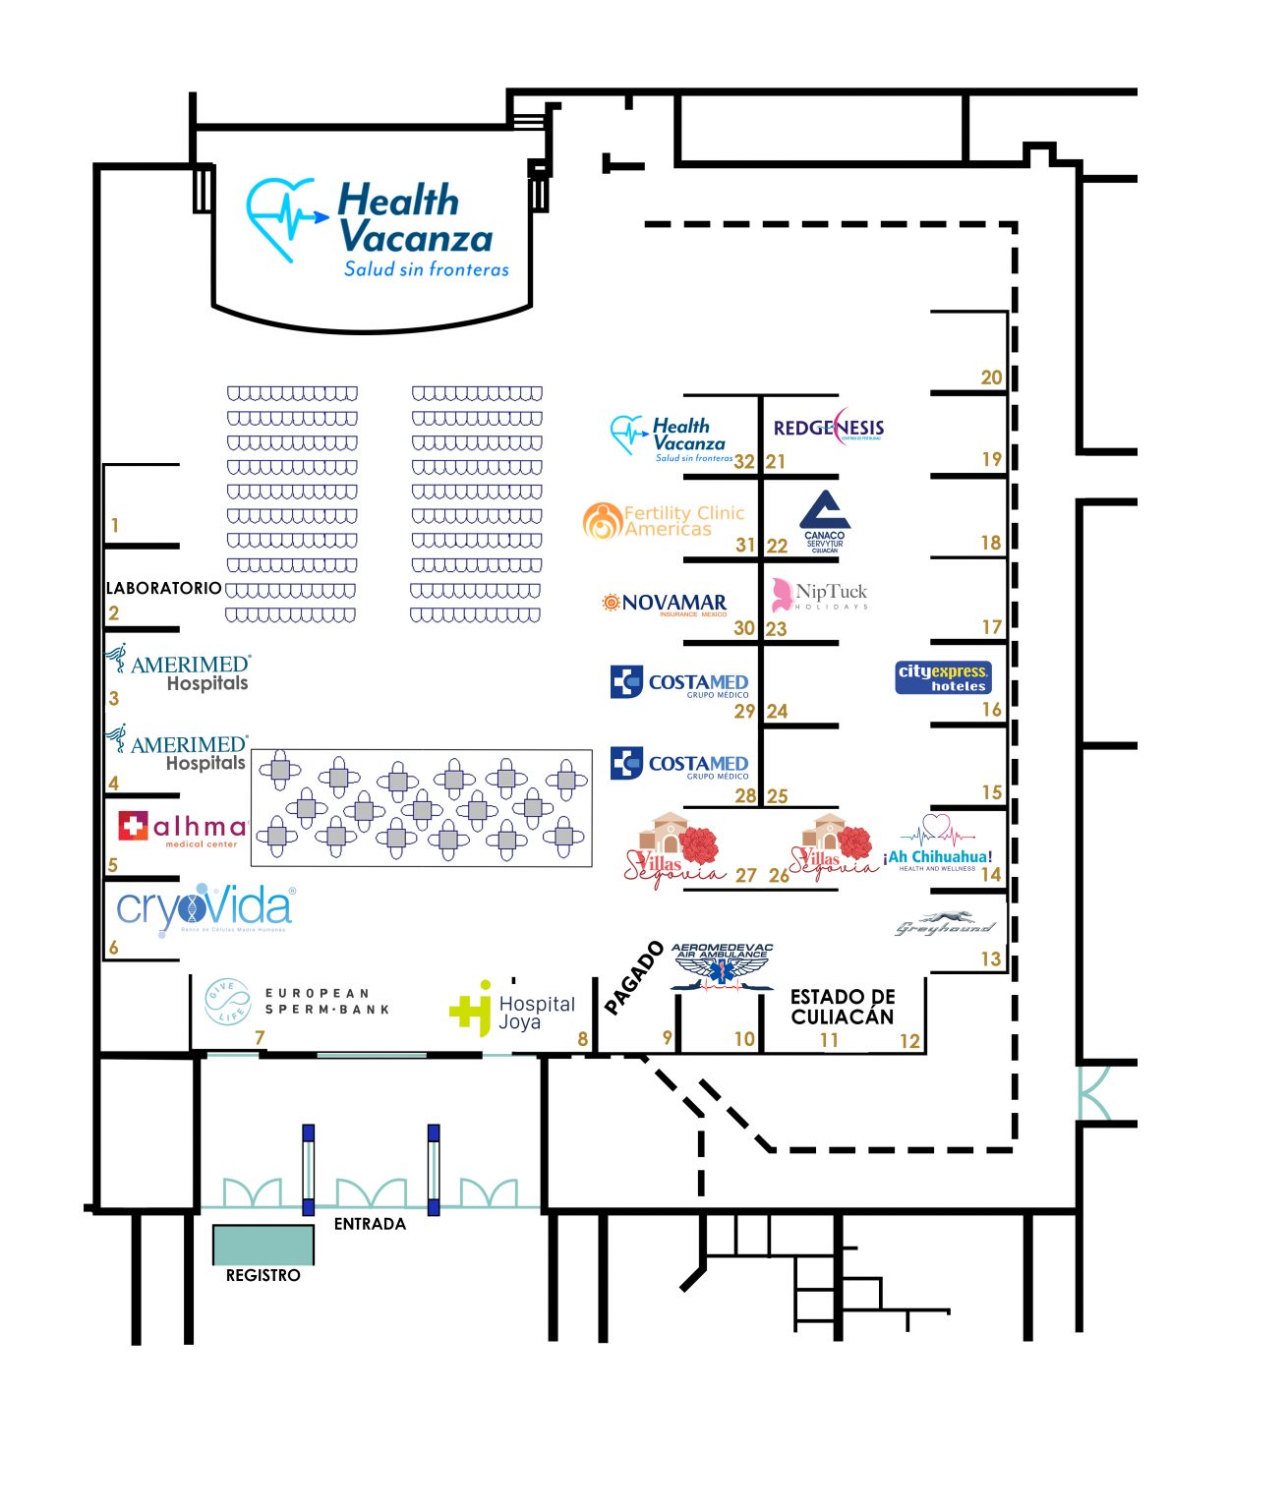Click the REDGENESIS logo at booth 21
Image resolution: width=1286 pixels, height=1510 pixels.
pyautogui.click(x=828, y=428)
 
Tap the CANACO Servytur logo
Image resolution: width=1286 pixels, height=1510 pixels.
pyautogui.click(x=825, y=522)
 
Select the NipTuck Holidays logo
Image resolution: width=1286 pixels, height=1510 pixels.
pyautogui.click(x=820, y=595)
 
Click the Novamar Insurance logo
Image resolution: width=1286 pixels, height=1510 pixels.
pyautogui.click(x=666, y=604)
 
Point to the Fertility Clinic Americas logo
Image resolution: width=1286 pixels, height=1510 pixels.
pyautogui.click(x=665, y=520)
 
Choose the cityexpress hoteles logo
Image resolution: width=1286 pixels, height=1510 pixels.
pyautogui.click(x=942, y=677)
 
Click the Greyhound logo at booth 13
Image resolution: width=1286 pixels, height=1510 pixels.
pyautogui.click(x=945, y=925)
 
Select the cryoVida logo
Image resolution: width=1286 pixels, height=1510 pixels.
pyautogui.click(x=205, y=908)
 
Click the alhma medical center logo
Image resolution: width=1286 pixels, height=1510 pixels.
pyautogui.click(x=183, y=829)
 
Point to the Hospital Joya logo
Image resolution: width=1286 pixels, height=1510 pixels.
pyautogui.click(x=512, y=1009)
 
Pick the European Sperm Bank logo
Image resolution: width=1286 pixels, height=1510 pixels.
pyautogui.click(x=298, y=1002)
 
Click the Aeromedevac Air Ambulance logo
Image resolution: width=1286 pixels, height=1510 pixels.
pyautogui.click(x=723, y=966)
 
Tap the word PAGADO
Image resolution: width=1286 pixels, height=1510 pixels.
pyautogui.click(x=633, y=978)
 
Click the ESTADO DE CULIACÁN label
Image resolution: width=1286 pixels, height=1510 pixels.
pyautogui.click(x=843, y=1007)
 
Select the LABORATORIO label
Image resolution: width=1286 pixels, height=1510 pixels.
pyautogui.click(x=164, y=588)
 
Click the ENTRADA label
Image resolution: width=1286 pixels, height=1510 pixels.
pyautogui.click(x=370, y=1224)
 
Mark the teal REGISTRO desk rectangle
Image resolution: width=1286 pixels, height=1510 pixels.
pyautogui.click(x=263, y=1244)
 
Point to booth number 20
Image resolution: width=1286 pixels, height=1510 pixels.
pyautogui.click(x=991, y=377)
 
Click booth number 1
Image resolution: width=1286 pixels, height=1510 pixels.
pyautogui.click(x=115, y=526)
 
